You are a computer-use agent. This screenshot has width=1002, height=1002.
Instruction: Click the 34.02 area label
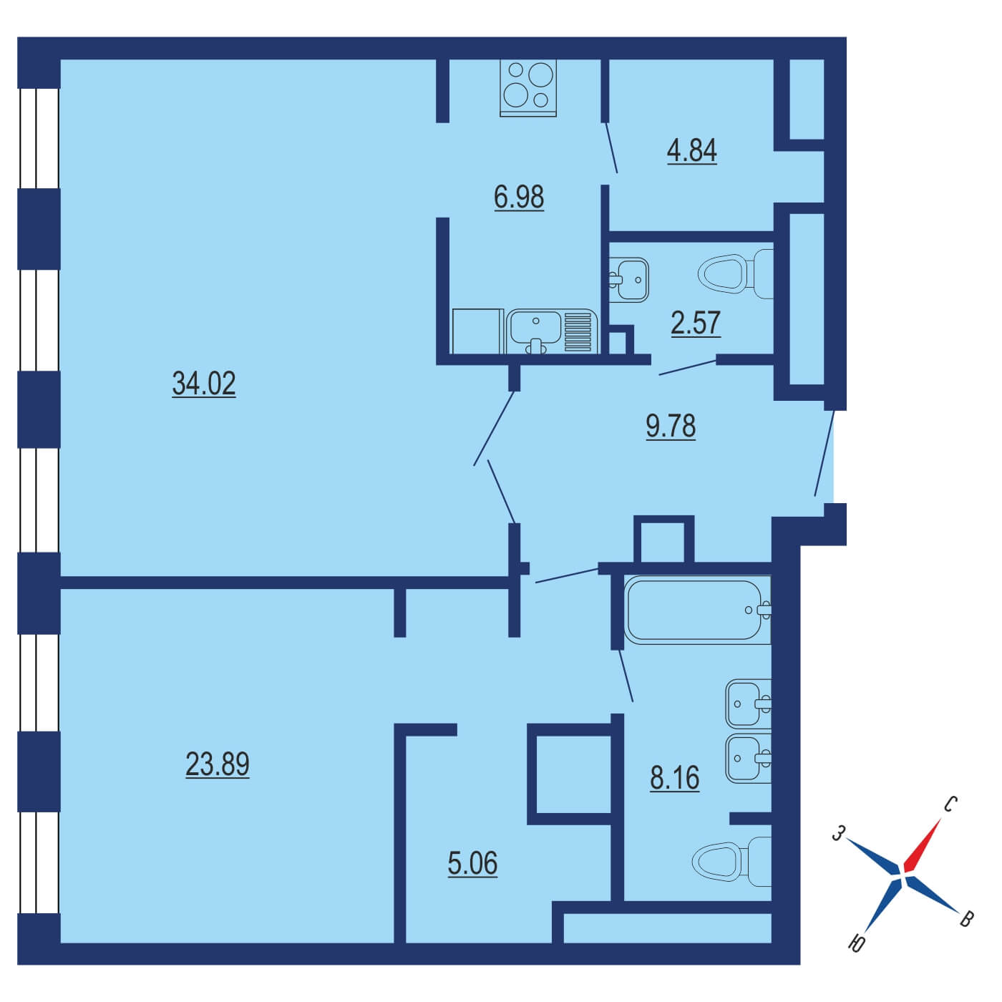(x=204, y=383)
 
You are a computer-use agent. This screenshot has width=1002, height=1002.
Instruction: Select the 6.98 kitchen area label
(x=519, y=197)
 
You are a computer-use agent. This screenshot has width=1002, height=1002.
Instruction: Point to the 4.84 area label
(x=692, y=150)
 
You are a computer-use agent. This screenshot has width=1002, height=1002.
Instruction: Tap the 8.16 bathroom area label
(x=674, y=778)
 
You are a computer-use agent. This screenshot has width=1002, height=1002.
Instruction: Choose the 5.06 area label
(x=472, y=863)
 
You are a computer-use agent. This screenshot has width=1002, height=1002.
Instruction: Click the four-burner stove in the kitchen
(x=527, y=87)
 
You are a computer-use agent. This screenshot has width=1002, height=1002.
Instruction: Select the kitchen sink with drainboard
(x=551, y=331)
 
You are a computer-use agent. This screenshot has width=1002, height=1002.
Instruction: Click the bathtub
(x=698, y=609)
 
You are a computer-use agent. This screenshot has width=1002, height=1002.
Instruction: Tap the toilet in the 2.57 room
(x=735, y=273)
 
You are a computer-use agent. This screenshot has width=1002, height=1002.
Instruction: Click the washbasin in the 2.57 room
(x=629, y=280)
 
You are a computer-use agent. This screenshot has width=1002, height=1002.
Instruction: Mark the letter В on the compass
(x=965, y=919)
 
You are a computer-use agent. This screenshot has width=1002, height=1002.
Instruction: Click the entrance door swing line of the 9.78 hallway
(x=825, y=454)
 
